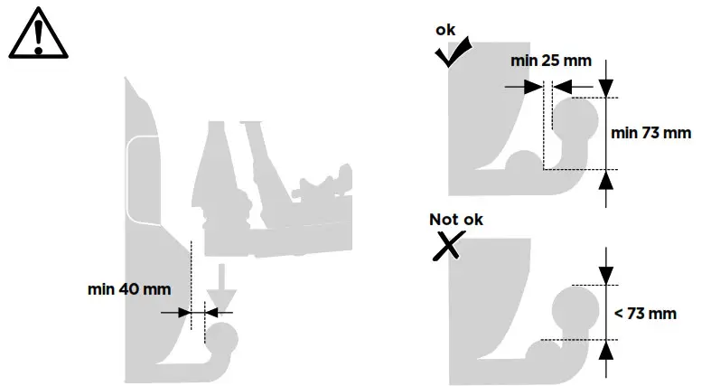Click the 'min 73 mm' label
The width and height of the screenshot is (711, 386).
(x=650, y=133)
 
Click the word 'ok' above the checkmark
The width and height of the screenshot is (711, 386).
(x=445, y=30)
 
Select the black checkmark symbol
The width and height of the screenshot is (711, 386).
(x=454, y=54)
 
